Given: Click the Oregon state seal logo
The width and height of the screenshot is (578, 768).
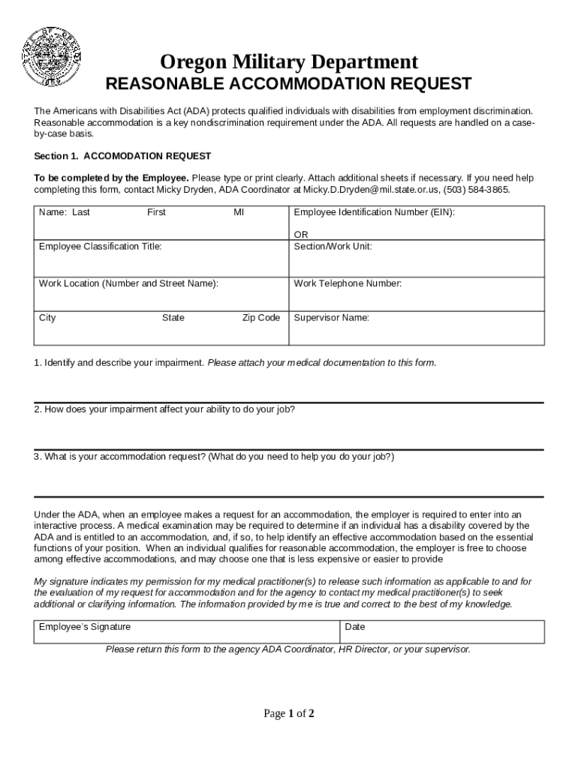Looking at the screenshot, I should pos(52,56).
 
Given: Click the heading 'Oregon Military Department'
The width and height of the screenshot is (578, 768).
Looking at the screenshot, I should pos(289,61).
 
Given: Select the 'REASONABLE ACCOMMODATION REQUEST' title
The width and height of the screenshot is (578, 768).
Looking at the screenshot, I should pos(288,83).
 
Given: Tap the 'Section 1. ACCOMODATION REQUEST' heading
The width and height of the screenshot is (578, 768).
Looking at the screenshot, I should pos(123,156).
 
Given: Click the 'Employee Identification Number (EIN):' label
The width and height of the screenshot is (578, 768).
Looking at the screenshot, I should pos(374,212).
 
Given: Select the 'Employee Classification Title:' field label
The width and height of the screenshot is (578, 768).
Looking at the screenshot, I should pos(100,246).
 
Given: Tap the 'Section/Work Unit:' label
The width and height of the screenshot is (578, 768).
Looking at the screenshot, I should pos(333,246).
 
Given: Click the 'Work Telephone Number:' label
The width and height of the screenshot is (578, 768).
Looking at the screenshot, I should pos(348,283).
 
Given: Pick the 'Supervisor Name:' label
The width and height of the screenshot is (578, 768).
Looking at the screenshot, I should pos(331,318).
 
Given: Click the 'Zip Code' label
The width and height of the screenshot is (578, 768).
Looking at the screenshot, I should pos(260,318).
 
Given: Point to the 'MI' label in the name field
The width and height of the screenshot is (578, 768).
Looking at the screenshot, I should pos(239,212).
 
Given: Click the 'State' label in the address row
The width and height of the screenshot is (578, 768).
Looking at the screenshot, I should pos(173,318).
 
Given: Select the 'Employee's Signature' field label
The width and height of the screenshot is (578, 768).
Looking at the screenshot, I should pos(85,627).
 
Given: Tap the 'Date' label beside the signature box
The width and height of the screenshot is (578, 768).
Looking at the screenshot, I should pos(355,627).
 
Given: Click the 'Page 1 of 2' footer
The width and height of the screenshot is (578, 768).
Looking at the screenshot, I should pos(288,713).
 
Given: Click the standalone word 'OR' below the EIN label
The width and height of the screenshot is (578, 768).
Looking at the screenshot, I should pos(301,235).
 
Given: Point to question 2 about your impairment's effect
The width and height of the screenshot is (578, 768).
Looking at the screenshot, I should pos(164,409).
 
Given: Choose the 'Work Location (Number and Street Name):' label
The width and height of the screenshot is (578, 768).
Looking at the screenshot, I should pos(128,283).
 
